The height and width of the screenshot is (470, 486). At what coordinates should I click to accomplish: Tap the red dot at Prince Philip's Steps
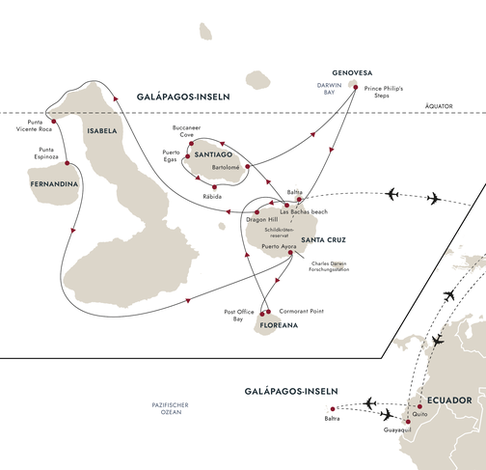tap(356, 88)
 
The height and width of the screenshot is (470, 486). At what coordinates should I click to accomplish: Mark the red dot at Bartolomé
tap(248, 166)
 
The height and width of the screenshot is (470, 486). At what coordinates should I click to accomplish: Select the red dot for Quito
tap(419, 406)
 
